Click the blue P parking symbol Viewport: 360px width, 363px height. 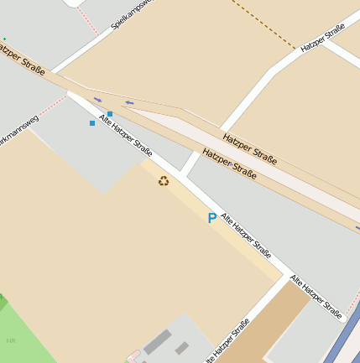[211, 218]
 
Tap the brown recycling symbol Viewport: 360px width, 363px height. [164, 180]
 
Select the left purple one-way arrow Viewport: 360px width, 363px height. [97, 100]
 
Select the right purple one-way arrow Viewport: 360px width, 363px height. [129, 103]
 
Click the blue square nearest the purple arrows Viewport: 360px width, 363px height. [110, 114]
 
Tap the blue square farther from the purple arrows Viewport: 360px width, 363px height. [92, 123]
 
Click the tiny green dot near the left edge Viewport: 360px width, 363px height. [4, 39]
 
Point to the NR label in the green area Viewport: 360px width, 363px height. [11, 340]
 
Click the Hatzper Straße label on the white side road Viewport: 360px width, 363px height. [323, 39]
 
